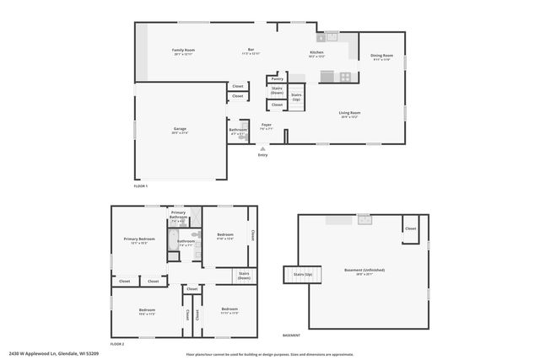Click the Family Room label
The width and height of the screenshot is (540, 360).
(178, 51)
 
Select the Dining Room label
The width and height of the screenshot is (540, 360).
(381, 56)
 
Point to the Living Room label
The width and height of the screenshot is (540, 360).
(349, 113)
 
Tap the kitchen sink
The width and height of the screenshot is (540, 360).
(327, 37)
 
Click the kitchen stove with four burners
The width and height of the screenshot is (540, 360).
(345, 76)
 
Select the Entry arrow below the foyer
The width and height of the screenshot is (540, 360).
(262, 149)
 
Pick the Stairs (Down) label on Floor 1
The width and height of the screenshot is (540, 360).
(277, 89)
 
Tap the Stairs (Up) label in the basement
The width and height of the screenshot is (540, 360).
(302, 274)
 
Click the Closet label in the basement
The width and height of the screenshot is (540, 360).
(410, 228)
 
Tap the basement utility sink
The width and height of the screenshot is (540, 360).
(364, 219)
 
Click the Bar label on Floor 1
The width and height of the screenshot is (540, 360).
(251, 51)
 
